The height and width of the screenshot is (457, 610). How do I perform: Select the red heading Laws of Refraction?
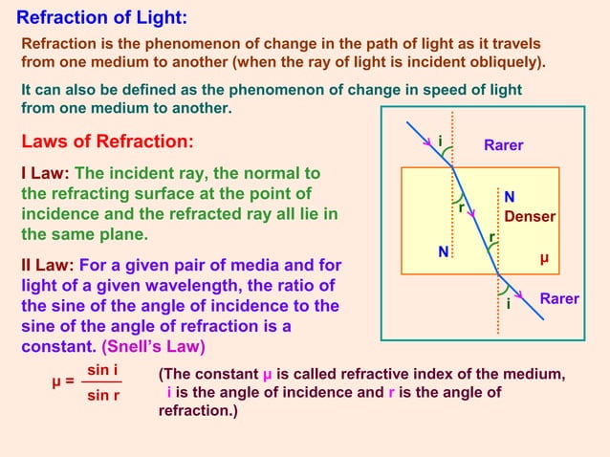click(107, 142)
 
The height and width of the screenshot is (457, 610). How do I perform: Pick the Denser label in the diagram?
click(530, 217)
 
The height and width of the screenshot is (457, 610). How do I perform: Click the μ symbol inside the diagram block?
click(544, 258)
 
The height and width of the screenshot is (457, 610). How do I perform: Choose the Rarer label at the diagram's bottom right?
click(559, 299)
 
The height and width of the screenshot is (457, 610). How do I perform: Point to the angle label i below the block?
click(508, 306)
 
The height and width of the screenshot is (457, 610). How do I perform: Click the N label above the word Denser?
click(510, 198)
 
